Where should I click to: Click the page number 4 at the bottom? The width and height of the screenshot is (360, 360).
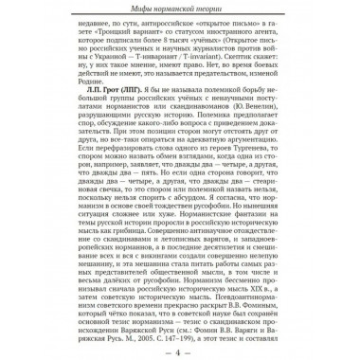tap(178, 352)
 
